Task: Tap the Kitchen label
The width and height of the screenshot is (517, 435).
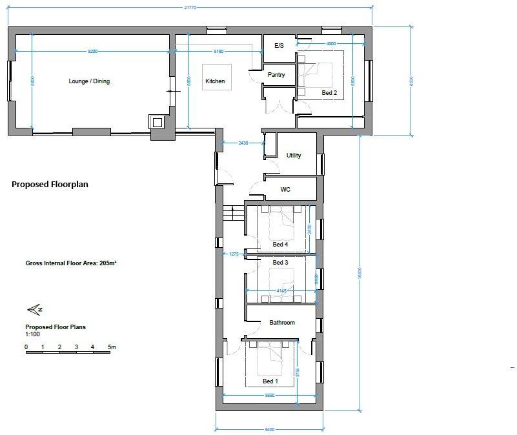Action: (215, 81)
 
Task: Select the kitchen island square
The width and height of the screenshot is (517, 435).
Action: (216, 77)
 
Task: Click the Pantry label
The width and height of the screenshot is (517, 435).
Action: (276, 75)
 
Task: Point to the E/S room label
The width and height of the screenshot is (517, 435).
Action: (279, 46)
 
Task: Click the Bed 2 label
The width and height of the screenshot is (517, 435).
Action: (329, 93)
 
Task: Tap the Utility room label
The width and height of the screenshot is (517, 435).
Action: (294, 156)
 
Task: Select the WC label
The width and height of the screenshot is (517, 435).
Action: (286, 190)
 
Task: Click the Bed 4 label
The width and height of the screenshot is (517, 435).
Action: (280, 244)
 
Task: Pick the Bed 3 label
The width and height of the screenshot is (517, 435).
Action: (280, 263)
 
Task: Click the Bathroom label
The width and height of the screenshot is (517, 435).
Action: (282, 322)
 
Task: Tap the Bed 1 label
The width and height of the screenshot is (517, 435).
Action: (270, 381)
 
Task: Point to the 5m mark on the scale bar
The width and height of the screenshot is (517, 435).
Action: (111, 347)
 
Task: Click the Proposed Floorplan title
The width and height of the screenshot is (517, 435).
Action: (50, 184)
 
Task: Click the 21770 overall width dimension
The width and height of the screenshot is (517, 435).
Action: (189, 7)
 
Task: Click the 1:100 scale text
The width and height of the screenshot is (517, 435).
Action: (33, 334)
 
